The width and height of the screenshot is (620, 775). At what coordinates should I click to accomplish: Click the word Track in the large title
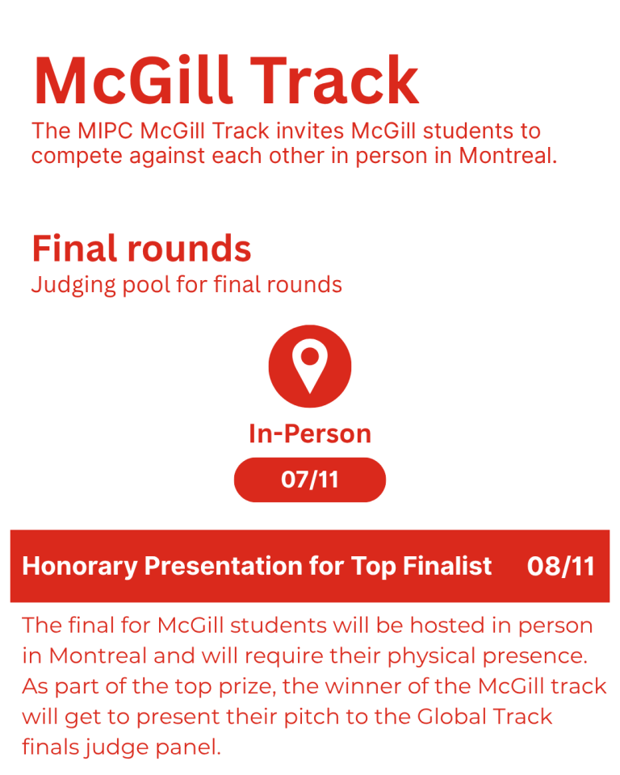(x=335, y=80)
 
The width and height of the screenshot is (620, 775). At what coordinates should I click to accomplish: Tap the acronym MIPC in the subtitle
(x=105, y=131)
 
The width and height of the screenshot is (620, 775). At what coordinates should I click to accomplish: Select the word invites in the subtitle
(x=310, y=131)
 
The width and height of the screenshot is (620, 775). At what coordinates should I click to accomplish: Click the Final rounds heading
(x=142, y=248)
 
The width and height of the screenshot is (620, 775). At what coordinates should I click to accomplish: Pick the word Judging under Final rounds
(x=73, y=285)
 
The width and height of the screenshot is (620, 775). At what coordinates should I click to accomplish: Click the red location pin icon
(x=310, y=367)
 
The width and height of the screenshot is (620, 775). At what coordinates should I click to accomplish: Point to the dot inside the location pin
(x=310, y=356)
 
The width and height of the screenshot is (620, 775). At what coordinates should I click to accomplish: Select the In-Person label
(x=310, y=434)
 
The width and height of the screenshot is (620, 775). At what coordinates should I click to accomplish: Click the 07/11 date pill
(x=310, y=480)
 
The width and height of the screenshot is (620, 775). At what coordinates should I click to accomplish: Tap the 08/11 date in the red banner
(x=561, y=567)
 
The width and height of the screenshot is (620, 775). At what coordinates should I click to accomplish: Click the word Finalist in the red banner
(x=447, y=566)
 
